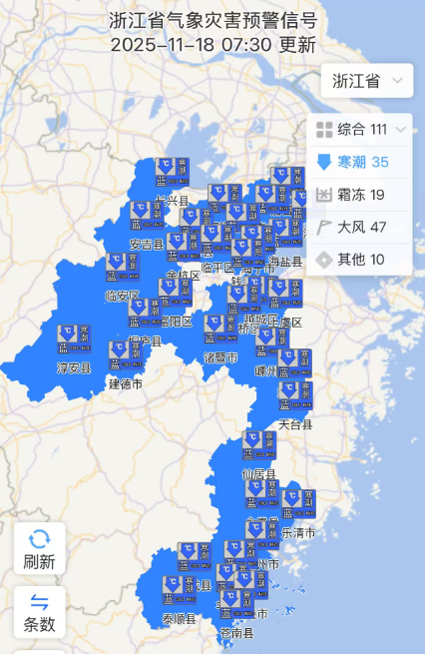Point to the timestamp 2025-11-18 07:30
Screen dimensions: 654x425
(191, 45)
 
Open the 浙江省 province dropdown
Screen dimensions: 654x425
(366, 81)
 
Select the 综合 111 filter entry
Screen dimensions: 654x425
(362, 129)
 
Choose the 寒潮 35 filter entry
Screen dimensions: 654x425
(362, 162)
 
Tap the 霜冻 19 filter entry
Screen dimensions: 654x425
(362, 195)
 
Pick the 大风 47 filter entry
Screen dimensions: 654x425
(362, 227)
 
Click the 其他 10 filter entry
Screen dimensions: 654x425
(362, 260)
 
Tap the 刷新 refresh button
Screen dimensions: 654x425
(40, 548)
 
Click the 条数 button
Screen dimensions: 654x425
(40, 612)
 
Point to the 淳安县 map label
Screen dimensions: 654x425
(73, 368)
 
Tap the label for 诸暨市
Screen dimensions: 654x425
(220, 357)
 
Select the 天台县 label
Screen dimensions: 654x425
(295, 424)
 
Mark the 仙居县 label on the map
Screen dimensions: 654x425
(258, 475)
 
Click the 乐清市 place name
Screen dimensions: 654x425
(298, 533)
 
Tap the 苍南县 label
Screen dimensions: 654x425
(236, 633)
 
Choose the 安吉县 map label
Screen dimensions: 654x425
(147, 245)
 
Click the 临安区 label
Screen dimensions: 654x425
(123, 296)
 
